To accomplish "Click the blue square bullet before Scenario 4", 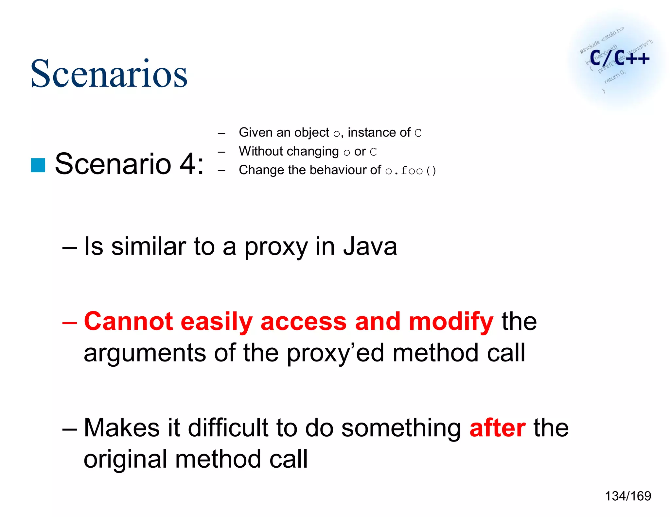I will click(x=38, y=165).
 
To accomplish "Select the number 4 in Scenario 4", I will click(x=188, y=164).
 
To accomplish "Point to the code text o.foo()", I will click(x=411, y=171).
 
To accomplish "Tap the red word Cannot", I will click(x=128, y=322).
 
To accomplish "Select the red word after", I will click(x=497, y=428).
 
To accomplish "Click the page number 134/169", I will click(x=628, y=496).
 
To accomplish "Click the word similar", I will click(x=149, y=246).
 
